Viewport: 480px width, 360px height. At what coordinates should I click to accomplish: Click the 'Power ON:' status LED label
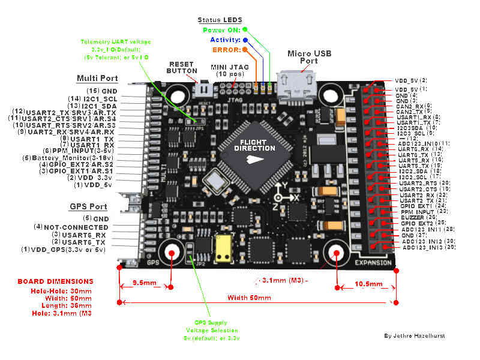[x=221, y=29]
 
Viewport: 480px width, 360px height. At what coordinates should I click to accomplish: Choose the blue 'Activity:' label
[x=224, y=40]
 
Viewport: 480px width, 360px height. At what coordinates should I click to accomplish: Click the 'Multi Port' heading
[x=97, y=79]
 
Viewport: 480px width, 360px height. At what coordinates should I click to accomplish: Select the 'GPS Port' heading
[x=88, y=206]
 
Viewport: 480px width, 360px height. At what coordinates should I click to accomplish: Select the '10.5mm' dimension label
[x=367, y=283]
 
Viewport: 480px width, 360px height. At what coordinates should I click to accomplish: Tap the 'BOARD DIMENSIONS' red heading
[x=55, y=281]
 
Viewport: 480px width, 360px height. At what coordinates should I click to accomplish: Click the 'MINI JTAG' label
[x=228, y=67]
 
